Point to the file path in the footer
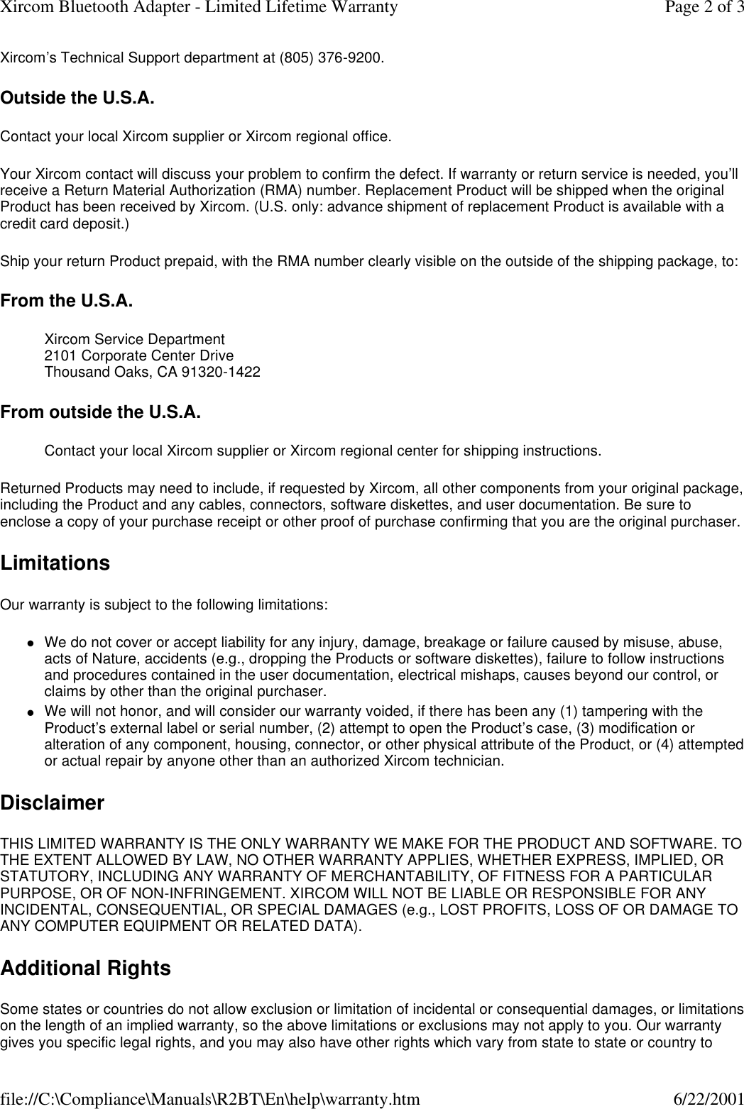coord(209,1099)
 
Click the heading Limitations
coord(55,563)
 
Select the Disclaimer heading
coord(53,804)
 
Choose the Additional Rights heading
coord(85,969)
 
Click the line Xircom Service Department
coord(135,341)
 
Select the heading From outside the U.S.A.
coord(100,412)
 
